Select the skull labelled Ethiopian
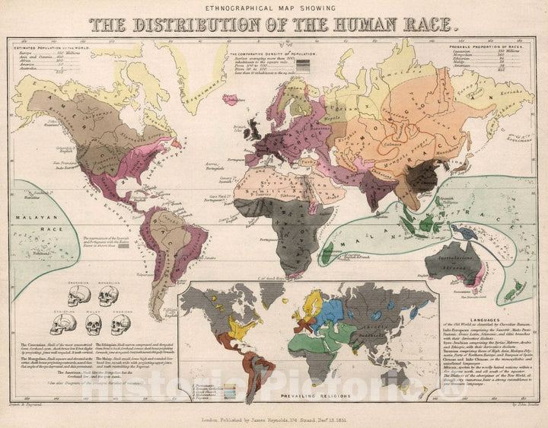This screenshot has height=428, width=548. tap(62, 325)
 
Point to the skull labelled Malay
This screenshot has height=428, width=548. tap(94, 325)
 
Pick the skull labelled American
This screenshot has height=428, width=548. tap(120, 324)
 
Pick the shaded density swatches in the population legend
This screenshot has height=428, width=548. tap(302, 65)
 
